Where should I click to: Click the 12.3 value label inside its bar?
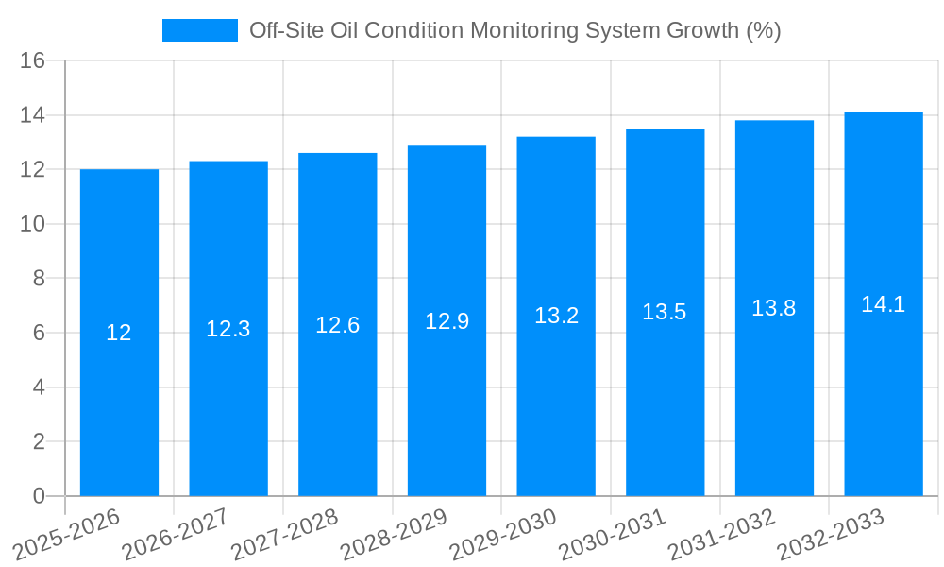[228, 329]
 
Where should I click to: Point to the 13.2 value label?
[556, 317]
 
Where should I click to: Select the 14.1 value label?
[884, 304]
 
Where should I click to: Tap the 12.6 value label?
[338, 325]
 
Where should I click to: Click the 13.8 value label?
[774, 308]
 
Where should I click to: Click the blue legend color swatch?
[199, 30]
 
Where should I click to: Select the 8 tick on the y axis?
[39, 279]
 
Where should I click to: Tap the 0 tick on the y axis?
[39, 496]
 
